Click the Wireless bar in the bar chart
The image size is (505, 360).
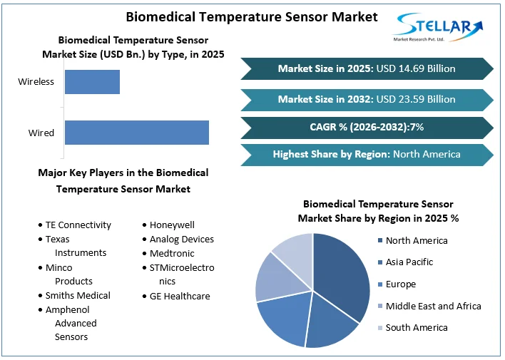pos(92,82)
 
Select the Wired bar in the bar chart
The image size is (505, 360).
pos(136,133)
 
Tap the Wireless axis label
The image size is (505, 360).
pos(36,82)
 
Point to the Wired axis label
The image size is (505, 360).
pos(41,133)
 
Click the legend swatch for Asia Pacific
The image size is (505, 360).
pos(379,262)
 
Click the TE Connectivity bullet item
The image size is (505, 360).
pos(78,225)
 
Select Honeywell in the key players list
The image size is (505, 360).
pos(172,225)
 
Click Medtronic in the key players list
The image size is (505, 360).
pos(172,253)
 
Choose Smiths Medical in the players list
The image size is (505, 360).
pos(78,295)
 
